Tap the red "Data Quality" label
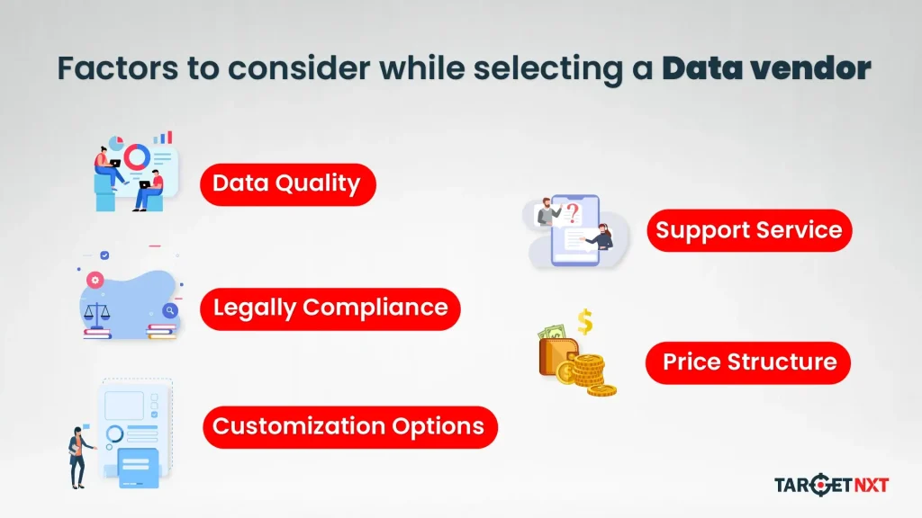pos(286,184)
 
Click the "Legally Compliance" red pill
pos(330,308)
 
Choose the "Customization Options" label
pos(348,426)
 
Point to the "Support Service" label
pos(748,230)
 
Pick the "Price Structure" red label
pos(749,362)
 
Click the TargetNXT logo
pos(831,486)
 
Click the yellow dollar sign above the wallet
pos(585,321)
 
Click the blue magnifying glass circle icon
pos(169,310)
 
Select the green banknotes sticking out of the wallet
pos(552,333)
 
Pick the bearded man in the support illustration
pos(545,213)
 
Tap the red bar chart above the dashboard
pos(163,138)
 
